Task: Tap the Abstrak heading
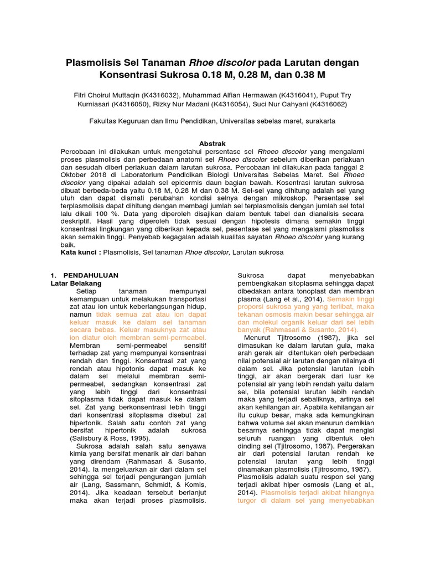tap(212, 143)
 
